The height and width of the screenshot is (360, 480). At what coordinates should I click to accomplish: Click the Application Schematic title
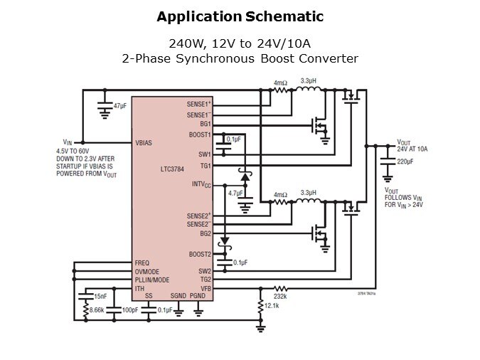(x=240, y=16)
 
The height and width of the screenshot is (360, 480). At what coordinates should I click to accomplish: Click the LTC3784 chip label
(x=174, y=169)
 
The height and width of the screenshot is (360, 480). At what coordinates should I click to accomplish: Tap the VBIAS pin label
(x=144, y=142)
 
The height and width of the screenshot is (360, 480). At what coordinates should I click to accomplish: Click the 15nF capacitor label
(x=100, y=295)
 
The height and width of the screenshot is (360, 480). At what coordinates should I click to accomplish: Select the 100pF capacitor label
(x=129, y=310)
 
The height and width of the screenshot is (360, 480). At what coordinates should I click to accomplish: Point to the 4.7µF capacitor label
(x=235, y=193)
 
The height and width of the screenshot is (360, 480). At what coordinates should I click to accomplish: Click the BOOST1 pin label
(x=199, y=134)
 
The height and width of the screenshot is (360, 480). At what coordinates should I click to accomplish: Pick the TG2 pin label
(x=205, y=280)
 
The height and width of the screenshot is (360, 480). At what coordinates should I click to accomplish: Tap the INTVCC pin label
(x=201, y=184)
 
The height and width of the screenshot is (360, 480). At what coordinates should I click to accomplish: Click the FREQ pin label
(x=142, y=263)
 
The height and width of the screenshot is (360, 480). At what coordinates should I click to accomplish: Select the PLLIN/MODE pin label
(x=151, y=280)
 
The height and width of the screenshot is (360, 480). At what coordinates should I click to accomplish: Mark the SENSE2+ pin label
(x=199, y=216)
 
